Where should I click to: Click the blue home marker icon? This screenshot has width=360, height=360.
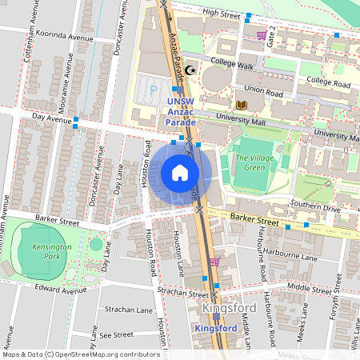click(180, 173)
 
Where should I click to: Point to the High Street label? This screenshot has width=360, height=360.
click(222, 14)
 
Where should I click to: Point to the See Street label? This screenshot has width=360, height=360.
click(116, 334)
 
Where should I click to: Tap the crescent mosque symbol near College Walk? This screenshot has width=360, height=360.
click(190, 71)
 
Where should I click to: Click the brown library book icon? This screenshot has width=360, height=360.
click(242, 105)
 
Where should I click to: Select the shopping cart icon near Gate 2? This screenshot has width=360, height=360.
click(262, 35)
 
